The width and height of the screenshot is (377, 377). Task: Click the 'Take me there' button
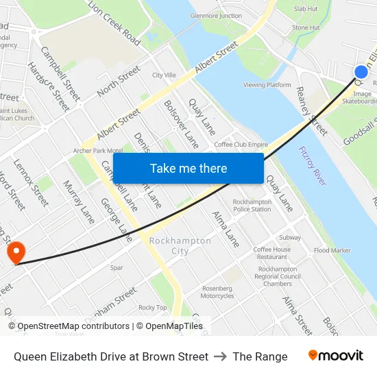188,169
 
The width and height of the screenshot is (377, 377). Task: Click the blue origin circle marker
361,72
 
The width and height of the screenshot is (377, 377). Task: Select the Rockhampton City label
180,246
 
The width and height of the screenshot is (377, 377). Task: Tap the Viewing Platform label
267,85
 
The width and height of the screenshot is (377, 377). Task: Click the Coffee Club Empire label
241,145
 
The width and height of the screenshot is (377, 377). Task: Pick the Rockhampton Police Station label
252,206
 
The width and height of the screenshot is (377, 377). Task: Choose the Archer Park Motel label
97,151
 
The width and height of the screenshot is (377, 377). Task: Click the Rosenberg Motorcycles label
217,292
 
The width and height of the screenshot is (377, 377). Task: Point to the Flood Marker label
332,251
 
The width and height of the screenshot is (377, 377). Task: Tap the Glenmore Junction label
216,16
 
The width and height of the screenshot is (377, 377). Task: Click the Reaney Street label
312,110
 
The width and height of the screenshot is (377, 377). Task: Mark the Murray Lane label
78,202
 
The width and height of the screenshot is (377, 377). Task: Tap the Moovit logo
335,356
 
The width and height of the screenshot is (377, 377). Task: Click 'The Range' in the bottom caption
260,356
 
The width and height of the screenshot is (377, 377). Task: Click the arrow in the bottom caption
220,356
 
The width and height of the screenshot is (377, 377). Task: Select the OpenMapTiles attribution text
174,326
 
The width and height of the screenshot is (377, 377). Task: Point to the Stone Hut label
306,27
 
